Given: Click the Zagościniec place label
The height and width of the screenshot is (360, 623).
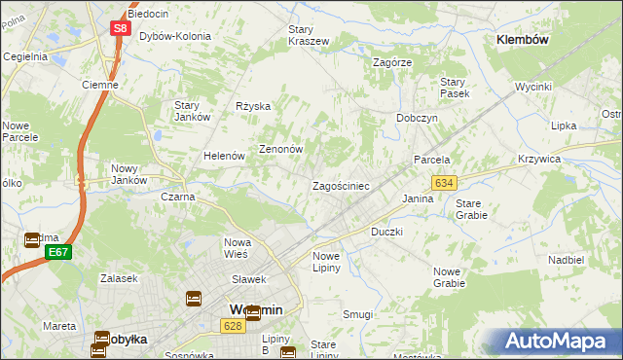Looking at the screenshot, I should pyautogui.click(x=340, y=185).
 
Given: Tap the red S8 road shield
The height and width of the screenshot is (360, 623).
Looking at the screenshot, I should pyautogui.click(x=120, y=28).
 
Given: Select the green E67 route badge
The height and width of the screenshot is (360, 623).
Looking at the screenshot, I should pyautogui.click(x=58, y=252).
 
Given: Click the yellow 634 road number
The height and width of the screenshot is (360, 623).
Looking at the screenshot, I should pyautogui.click(x=445, y=183).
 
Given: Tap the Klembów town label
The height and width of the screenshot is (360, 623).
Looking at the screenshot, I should pyautogui.click(x=523, y=40).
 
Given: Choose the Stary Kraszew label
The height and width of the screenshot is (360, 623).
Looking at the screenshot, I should pyautogui.click(x=308, y=35).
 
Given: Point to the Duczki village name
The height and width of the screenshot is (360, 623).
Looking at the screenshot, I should pyautogui.click(x=386, y=233).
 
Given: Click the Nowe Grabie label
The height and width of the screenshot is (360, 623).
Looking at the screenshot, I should pyautogui.click(x=449, y=277).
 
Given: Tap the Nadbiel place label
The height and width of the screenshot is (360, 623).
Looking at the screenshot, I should pyautogui.click(x=566, y=260).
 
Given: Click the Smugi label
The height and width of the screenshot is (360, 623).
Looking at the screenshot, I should pyautogui.click(x=357, y=314).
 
